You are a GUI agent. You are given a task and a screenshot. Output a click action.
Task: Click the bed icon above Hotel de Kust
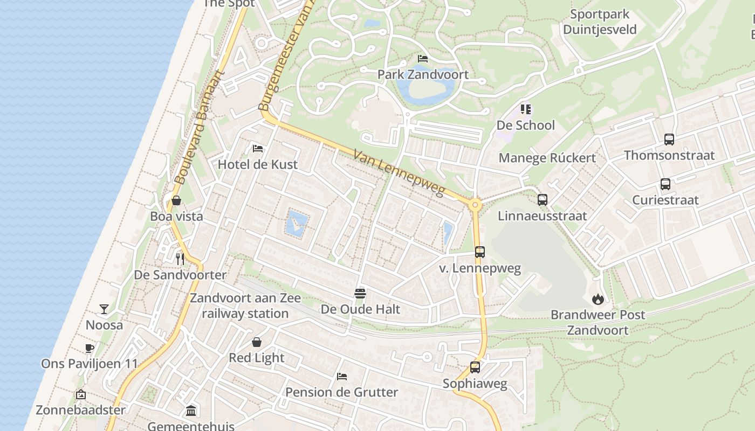pyautogui.click(x=258, y=148)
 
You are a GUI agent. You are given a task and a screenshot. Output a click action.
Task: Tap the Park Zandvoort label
pyautogui.click(x=423, y=74)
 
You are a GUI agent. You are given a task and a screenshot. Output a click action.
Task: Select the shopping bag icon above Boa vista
pyautogui.click(x=176, y=201)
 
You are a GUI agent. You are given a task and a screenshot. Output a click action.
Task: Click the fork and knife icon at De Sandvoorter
pyautogui.click(x=180, y=259)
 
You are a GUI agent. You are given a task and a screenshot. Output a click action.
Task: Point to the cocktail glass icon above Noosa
pyautogui.click(x=104, y=309)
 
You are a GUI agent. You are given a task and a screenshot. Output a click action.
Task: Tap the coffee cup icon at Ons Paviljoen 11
pyautogui.click(x=90, y=348)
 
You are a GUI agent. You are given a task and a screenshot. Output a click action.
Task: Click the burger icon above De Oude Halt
pyautogui.click(x=360, y=293)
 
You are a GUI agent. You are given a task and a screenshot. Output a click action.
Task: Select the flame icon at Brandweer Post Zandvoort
pyautogui.click(x=598, y=298)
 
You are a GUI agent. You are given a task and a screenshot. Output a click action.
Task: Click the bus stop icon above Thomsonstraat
pyautogui.click(x=669, y=140)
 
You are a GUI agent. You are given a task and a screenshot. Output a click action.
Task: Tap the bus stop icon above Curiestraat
pyautogui.click(x=665, y=184)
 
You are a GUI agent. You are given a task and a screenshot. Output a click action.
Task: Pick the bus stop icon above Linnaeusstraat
pyautogui.click(x=543, y=200)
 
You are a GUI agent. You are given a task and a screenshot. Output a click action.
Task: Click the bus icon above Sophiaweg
pyautogui.click(x=475, y=367)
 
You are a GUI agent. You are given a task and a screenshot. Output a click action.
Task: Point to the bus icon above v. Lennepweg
pyautogui.click(x=480, y=252)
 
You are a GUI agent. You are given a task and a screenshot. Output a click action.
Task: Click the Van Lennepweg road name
pyautogui.click(x=399, y=173)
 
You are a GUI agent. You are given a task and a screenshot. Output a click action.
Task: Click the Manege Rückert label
pyautogui.click(x=547, y=158)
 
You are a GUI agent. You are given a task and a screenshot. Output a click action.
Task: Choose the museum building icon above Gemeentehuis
pyautogui.click(x=191, y=411)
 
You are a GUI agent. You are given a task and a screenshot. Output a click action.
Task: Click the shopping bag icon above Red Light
pyautogui.click(x=257, y=342)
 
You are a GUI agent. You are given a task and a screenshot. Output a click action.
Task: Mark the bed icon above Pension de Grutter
pyautogui.click(x=341, y=376)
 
